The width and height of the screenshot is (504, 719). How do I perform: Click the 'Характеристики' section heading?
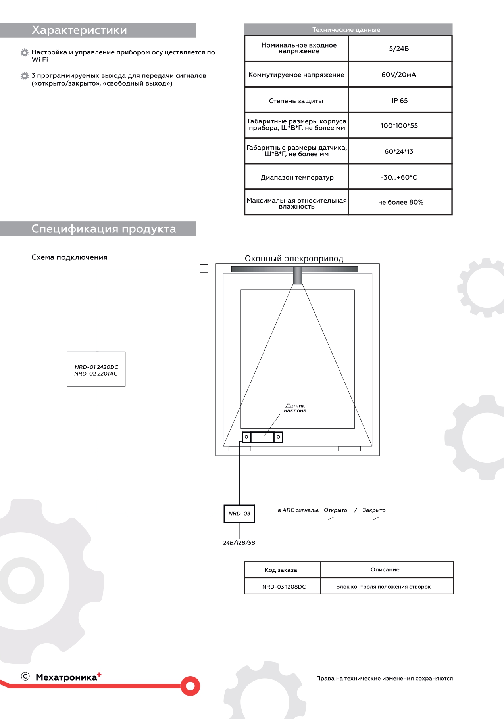[x=79, y=31]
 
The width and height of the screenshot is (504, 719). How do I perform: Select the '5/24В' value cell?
[x=399, y=49]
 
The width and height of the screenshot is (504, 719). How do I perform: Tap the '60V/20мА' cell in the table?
[x=399, y=75]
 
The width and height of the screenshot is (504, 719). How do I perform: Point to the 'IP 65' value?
[x=400, y=101]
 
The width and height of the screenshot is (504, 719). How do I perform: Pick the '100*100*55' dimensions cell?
[x=399, y=126]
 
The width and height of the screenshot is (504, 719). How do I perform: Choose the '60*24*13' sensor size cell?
[x=399, y=151]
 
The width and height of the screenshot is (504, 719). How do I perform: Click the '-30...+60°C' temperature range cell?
[x=399, y=177]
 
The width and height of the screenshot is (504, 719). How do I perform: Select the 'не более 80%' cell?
[x=400, y=202]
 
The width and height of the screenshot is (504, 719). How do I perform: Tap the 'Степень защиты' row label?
[x=296, y=101]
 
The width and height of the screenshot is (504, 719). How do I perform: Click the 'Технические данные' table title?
[x=346, y=30]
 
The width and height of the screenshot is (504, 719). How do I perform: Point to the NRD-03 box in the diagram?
[x=239, y=514]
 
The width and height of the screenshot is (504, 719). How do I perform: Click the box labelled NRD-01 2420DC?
[x=96, y=369]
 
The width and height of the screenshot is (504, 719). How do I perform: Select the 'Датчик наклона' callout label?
[x=295, y=408]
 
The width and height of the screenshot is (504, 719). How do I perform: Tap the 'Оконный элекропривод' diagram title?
[x=294, y=259]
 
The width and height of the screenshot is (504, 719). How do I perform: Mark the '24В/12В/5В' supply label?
[x=239, y=543]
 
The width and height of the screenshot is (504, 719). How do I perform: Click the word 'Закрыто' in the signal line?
[x=374, y=510]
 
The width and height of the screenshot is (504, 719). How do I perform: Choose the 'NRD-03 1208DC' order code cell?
[x=284, y=587]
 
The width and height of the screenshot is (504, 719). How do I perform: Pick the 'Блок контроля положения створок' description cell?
[x=383, y=587]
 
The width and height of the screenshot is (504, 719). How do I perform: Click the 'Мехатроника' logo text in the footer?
[x=66, y=677]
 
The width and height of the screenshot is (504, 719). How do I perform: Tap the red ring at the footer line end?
[x=190, y=686]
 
